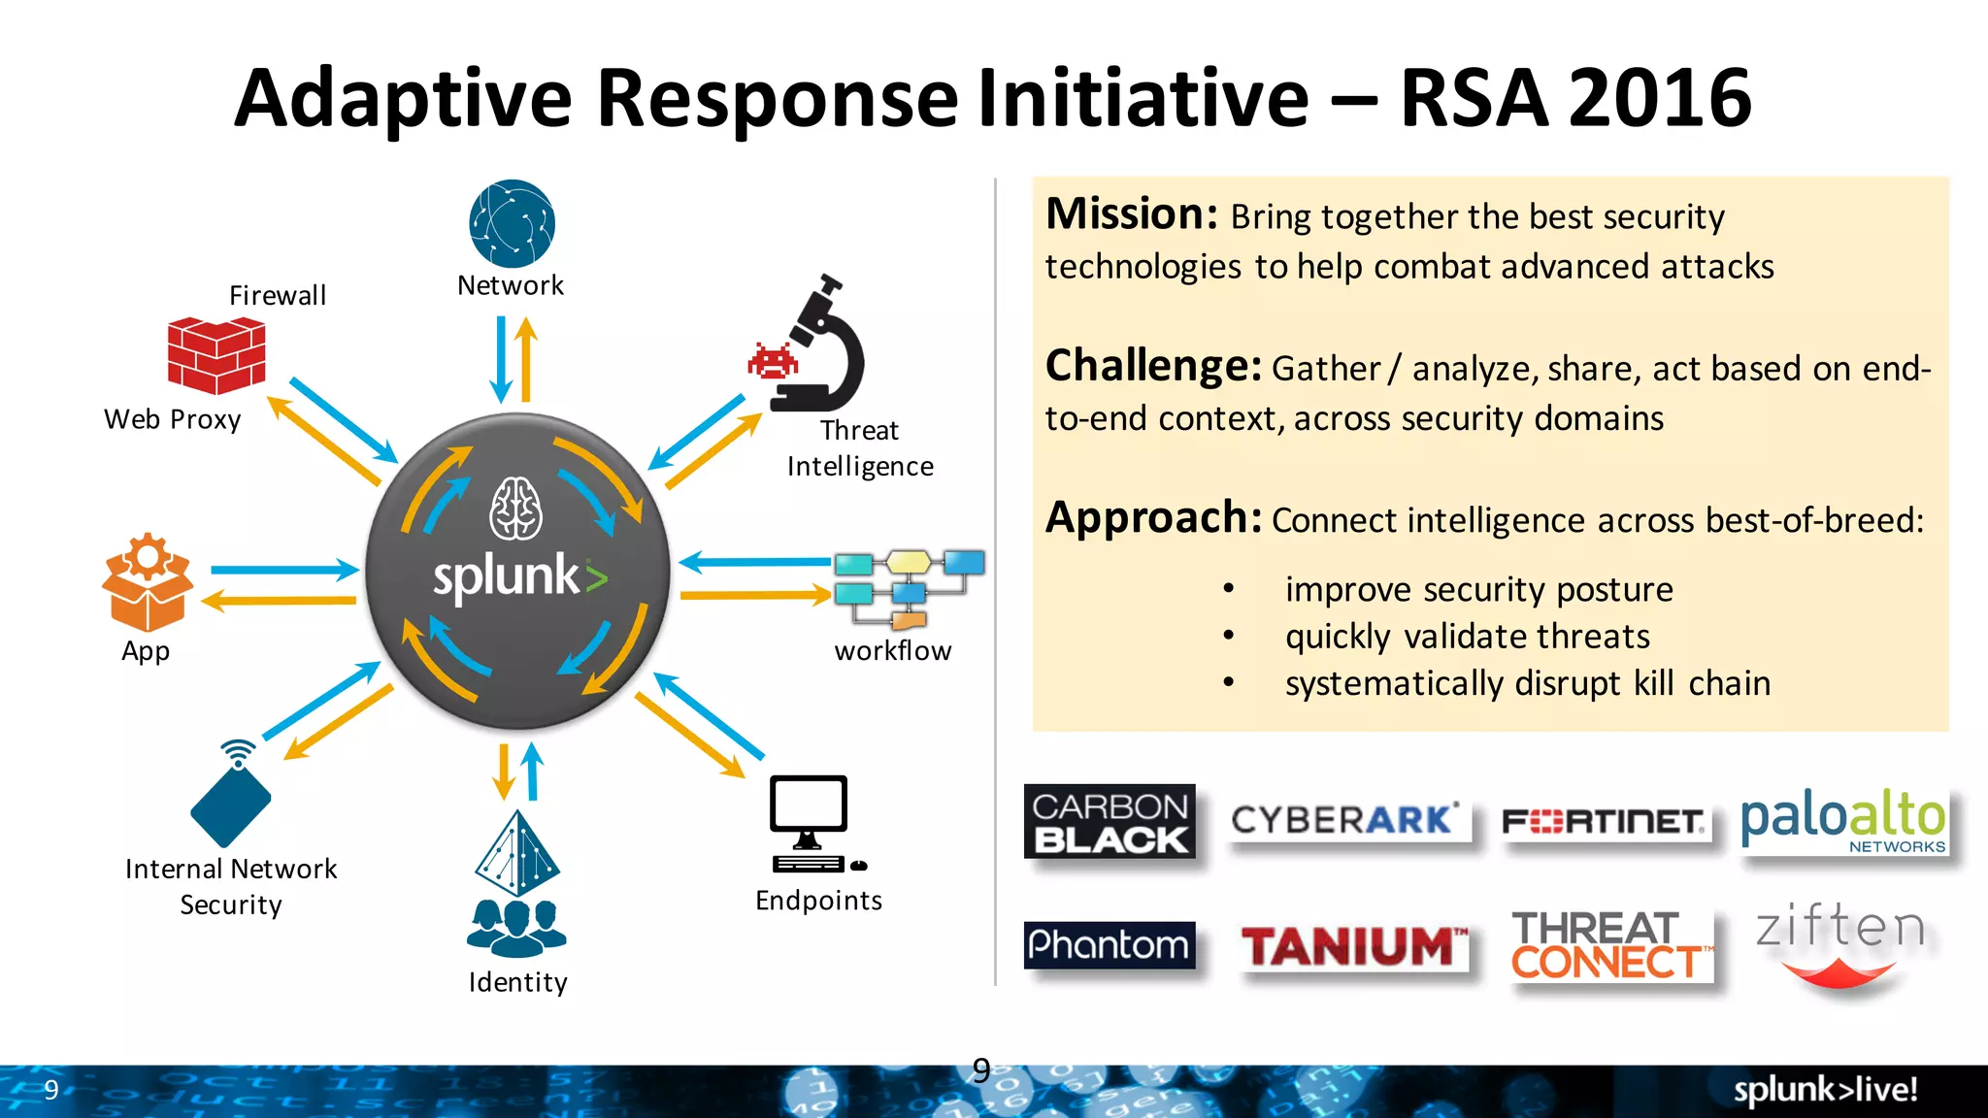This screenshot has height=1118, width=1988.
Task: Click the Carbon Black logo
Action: (x=1110, y=821)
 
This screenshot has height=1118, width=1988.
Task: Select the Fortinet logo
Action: (x=1604, y=822)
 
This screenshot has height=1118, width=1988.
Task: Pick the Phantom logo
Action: (x=1109, y=944)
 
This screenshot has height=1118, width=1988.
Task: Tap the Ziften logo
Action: (x=1839, y=946)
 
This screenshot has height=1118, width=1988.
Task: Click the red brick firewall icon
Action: (x=215, y=355)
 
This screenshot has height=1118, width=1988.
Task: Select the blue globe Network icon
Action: (x=512, y=223)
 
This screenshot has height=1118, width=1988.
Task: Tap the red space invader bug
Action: (x=773, y=361)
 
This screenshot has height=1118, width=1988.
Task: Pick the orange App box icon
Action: (x=148, y=582)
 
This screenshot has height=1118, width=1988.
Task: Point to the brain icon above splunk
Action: (x=515, y=509)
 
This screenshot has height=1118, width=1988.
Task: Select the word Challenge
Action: (x=1153, y=367)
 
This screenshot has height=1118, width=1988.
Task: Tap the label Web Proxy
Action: (x=173, y=419)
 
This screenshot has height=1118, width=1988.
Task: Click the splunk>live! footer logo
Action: (x=1825, y=1090)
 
